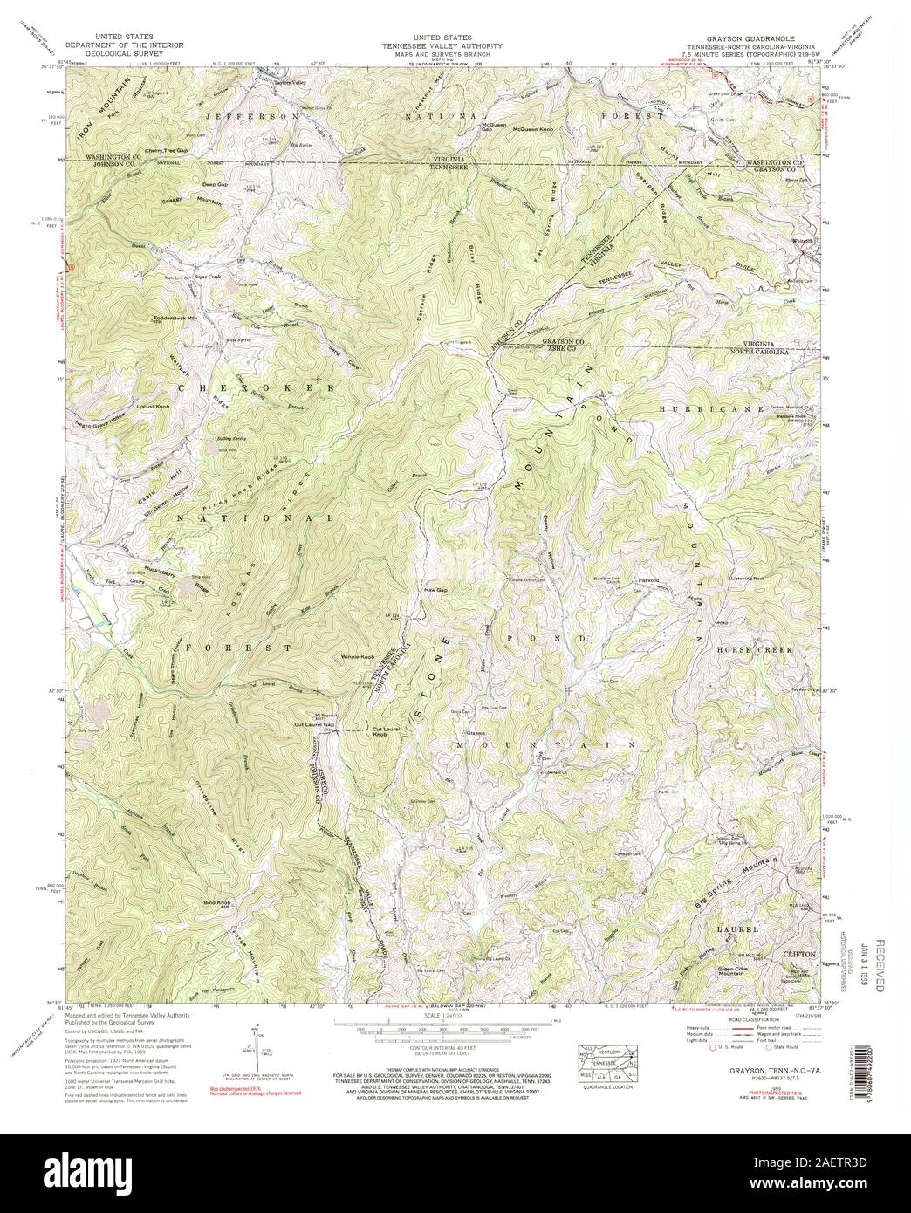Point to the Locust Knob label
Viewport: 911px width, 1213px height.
point(159,407)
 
